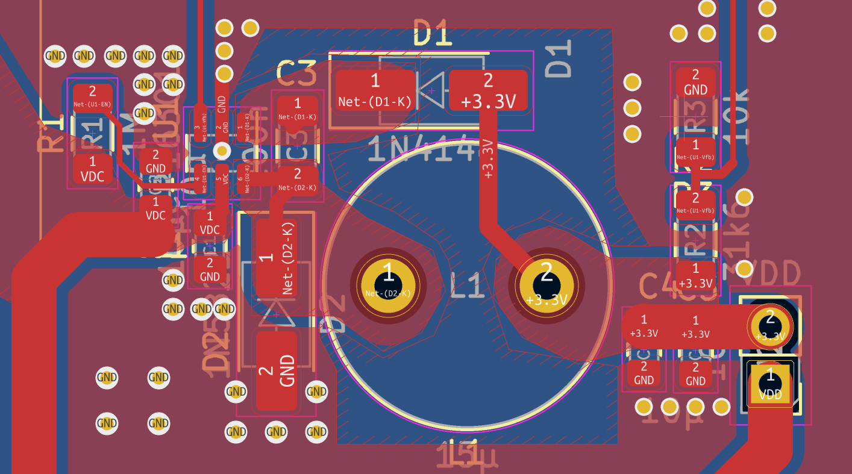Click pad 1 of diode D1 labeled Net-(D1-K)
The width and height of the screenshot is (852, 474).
point(375,90)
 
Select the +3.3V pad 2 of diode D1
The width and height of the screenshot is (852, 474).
point(488,90)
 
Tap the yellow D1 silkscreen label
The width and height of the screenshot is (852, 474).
point(433,33)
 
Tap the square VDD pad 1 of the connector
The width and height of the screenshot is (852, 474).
point(770,384)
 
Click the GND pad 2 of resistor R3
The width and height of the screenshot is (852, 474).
point(695,83)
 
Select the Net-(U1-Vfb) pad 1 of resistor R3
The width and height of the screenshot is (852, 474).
point(695,151)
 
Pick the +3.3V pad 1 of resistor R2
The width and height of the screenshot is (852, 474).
point(695,275)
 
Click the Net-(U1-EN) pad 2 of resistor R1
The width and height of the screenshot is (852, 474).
point(92,96)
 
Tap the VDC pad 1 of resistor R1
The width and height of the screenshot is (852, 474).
point(92,169)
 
